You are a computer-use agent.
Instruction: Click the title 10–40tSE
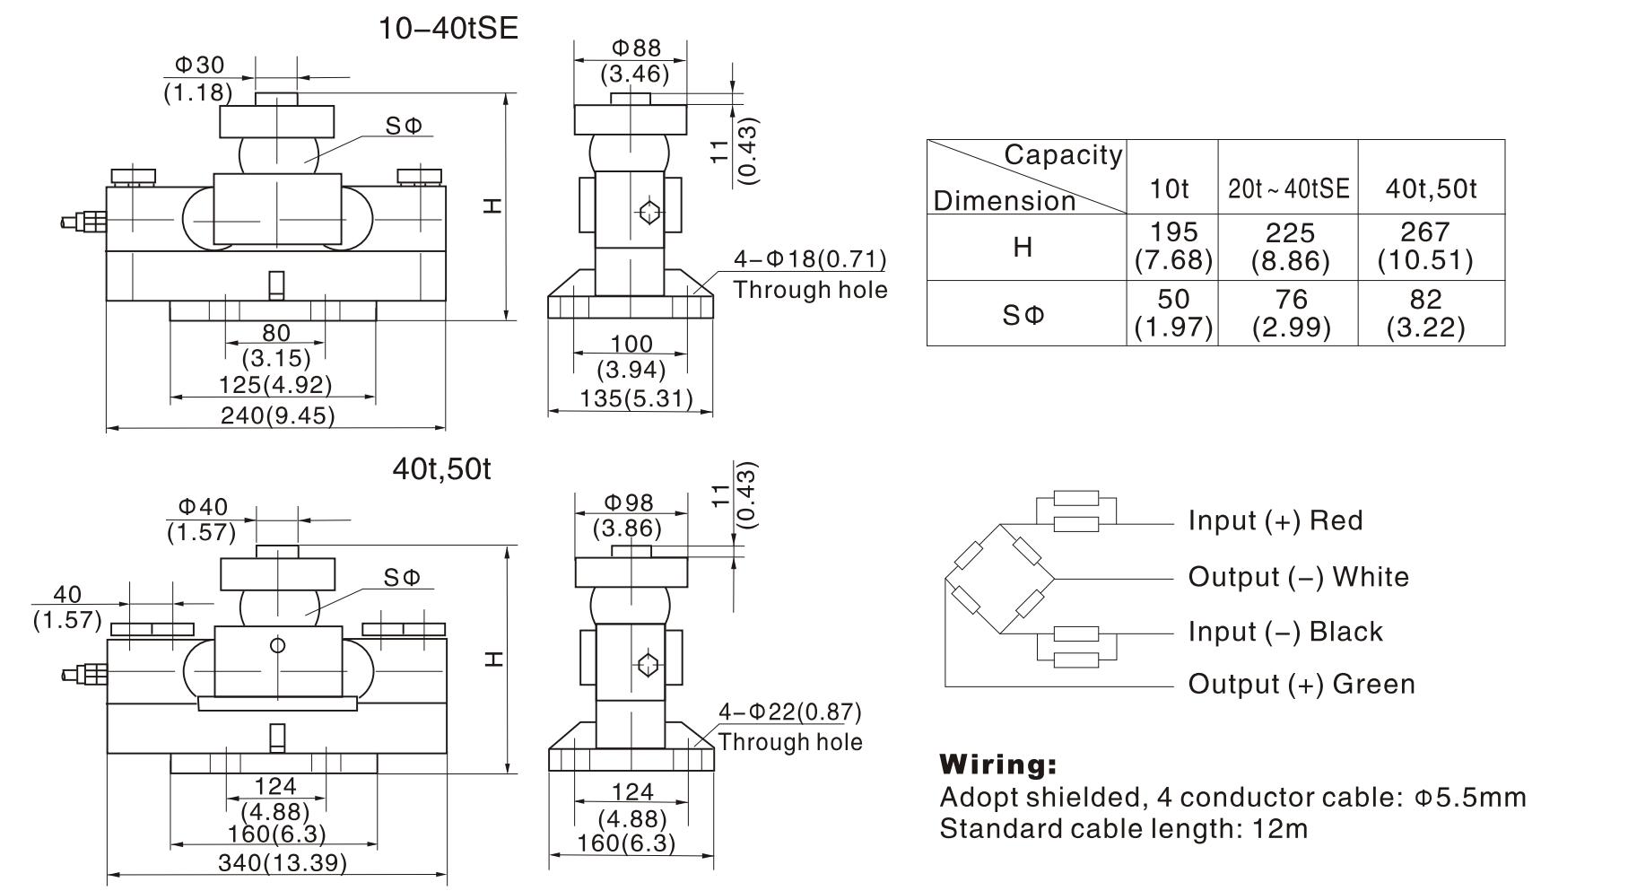click(448, 28)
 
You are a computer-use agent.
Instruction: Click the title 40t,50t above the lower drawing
click(441, 468)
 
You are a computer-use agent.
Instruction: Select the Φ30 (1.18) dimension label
click(198, 78)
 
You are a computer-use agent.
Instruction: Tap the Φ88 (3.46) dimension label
click(634, 61)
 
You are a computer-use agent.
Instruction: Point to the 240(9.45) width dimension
click(277, 415)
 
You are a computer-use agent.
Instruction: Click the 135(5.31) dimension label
click(632, 397)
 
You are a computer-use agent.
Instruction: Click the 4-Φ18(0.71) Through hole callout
click(809, 275)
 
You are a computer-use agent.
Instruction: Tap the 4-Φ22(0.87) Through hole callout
click(789, 727)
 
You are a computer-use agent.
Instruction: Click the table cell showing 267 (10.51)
click(1424, 246)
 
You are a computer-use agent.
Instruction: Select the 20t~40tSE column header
click(1288, 188)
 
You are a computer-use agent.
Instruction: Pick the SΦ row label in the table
click(1023, 315)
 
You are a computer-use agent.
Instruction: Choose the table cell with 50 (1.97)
click(1172, 313)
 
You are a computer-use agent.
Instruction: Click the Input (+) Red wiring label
click(1275, 520)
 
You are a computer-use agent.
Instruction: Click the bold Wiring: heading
click(997, 764)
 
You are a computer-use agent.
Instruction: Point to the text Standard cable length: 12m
click(1123, 827)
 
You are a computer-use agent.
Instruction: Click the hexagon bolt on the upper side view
click(649, 213)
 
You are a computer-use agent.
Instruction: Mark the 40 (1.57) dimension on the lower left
click(67, 607)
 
